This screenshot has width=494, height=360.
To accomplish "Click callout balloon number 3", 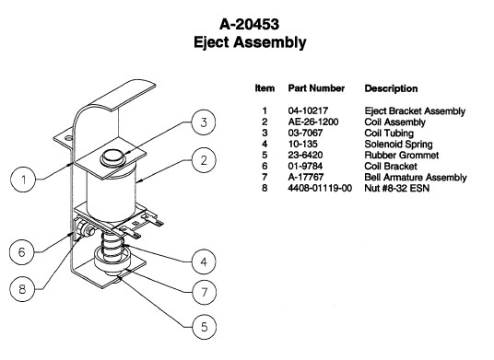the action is pyautogui.click(x=204, y=122).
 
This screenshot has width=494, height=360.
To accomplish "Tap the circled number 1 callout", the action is pyautogui.click(x=23, y=180).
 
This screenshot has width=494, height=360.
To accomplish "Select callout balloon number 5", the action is pyautogui.click(x=205, y=327).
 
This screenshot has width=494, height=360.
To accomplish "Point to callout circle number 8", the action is pyautogui.click(x=22, y=289).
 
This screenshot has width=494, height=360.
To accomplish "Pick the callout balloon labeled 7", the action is pyautogui.click(x=205, y=293).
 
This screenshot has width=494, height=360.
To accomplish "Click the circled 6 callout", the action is pyautogui.click(x=22, y=252).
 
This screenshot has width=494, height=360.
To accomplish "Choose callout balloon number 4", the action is pyautogui.click(x=204, y=261).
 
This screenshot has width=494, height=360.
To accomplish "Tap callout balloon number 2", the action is pyautogui.click(x=204, y=160).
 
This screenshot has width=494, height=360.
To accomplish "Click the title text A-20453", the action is pyautogui.click(x=249, y=24).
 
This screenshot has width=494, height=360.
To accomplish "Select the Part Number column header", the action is pyautogui.click(x=316, y=88).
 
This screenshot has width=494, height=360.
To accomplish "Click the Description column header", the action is pyautogui.click(x=391, y=88).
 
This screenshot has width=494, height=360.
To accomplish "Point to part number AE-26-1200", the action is pyautogui.click(x=313, y=122).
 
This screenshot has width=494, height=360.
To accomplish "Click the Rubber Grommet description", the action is pyautogui.click(x=402, y=155).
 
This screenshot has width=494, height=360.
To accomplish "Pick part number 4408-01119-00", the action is pyautogui.click(x=320, y=188).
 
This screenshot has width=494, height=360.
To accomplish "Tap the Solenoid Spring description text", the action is pyautogui.click(x=398, y=145).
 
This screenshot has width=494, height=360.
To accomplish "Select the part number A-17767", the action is pyautogui.click(x=306, y=177).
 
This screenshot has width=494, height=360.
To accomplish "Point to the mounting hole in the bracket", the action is pyautogui.click(x=67, y=137).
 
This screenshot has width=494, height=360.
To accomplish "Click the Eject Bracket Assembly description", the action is pyautogui.click(x=415, y=111).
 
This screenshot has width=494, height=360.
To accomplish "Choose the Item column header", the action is pyautogui.click(x=265, y=88).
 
